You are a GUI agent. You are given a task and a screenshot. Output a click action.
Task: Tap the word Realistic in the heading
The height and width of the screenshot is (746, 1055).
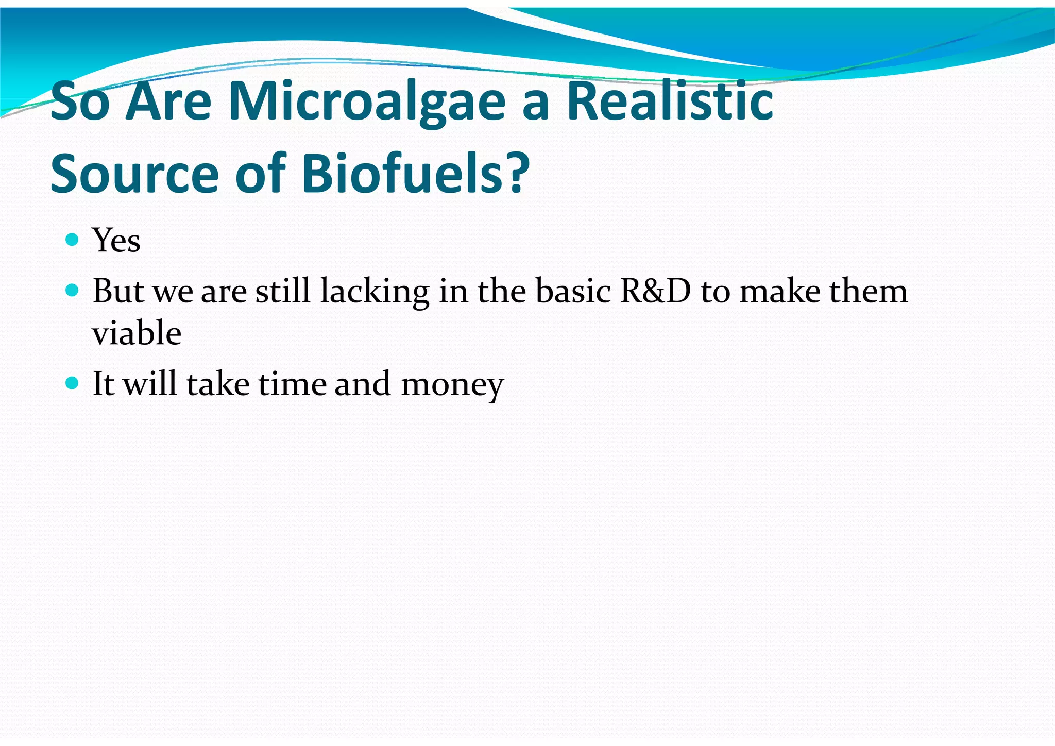click(x=670, y=101)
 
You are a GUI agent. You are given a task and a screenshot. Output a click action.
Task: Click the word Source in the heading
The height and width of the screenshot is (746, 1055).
click(x=135, y=174)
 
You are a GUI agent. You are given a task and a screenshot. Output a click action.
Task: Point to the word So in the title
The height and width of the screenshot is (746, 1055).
click(x=80, y=102)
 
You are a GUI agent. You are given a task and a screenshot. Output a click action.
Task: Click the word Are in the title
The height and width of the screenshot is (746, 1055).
click(x=168, y=102)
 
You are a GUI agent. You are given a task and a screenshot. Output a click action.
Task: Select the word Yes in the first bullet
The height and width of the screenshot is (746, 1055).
click(x=116, y=241)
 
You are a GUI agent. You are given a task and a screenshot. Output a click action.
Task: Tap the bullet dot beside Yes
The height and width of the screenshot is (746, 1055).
click(x=73, y=240)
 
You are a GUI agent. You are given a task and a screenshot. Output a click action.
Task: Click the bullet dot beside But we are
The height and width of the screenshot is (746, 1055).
click(x=73, y=291)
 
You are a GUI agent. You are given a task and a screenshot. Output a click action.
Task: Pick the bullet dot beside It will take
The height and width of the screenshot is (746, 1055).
click(x=73, y=383)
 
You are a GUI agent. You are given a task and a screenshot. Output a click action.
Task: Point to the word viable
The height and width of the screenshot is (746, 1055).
click(x=137, y=333)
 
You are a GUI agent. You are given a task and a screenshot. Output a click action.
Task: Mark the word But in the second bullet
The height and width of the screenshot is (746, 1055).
click(x=118, y=291)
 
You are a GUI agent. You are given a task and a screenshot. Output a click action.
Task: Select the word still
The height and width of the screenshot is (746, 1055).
click(x=283, y=291)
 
